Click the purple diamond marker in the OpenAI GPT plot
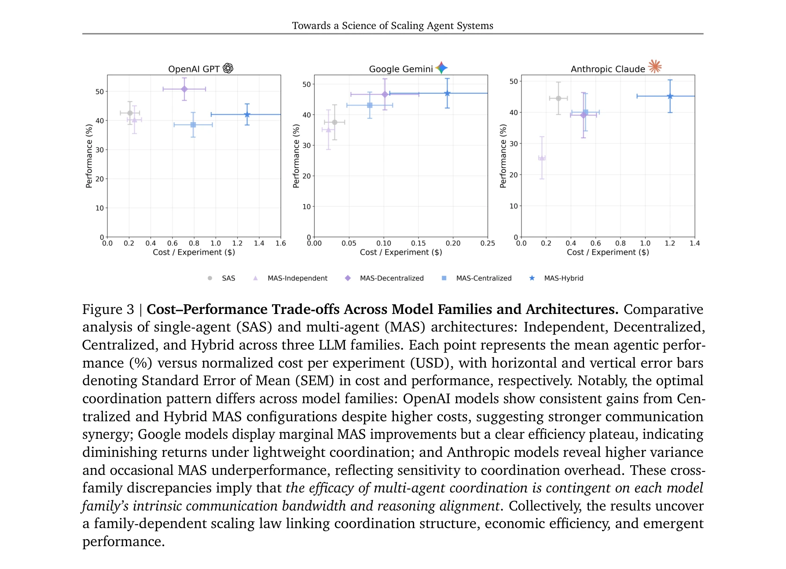pyautogui.click(x=184, y=89)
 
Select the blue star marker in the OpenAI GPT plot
pyautogui.click(x=247, y=115)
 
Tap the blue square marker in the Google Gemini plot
pyautogui.click(x=370, y=106)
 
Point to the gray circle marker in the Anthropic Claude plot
pyautogui.click(x=558, y=98)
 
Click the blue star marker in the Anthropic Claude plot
pyautogui.click(x=670, y=96)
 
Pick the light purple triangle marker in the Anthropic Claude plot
pyautogui.click(x=542, y=158)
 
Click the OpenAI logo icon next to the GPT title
pyautogui.click(x=228, y=68)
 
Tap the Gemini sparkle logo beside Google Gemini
pyautogui.click(x=441, y=68)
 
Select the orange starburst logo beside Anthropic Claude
pyautogui.click(x=655, y=66)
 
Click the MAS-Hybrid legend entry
pyautogui.click(x=557, y=278)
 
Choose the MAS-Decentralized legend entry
pyautogui.click(x=385, y=278)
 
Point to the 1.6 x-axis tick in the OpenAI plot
pyautogui.click(x=280, y=243)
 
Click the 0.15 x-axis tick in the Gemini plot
pyautogui.click(x=418, y=243)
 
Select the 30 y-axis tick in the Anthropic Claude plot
pyautogui.click(x=513, y=144)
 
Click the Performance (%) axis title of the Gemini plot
pyautogui.click(x=296, y=156)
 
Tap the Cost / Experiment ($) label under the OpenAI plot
pyautogui.click(x=194, y=252)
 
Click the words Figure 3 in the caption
pyautogui.click(x=108, y=310)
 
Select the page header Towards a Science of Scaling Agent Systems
pyautogui.click(x=393, y=26)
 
